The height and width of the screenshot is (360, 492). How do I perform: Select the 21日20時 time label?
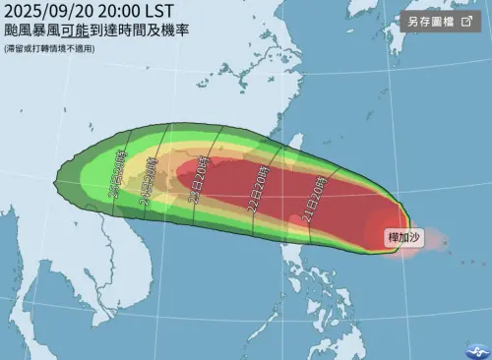[x=317, y=196]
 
